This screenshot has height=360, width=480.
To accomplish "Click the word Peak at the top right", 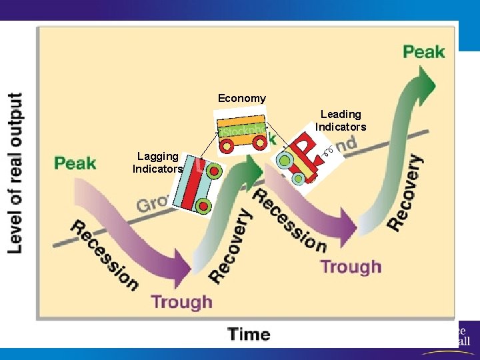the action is pyautogui.click(x=423, y=51).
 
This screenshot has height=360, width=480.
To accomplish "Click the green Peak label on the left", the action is pyautogui.click(x=75, y=163).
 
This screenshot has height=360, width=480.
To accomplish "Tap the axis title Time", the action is pyautogui.click(x=249, y=334).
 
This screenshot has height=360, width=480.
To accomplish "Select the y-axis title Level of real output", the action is pyautogui.click(x=15, y=172).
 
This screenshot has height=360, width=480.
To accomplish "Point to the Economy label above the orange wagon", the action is pyautogui.click(x=241, y=98).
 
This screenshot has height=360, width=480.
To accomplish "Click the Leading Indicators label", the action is pyautogui.click(x=341, y=121).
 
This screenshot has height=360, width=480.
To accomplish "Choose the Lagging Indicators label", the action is pyautogui.click(x=157, y=162).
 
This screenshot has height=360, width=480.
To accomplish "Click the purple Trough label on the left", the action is pyautogui.click(x=181, y=302).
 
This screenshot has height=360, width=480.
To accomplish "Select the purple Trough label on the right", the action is pyautogui.click(x=351, y=267).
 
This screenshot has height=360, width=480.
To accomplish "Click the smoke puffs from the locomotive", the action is pyautogui.click(x=327, y=153).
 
